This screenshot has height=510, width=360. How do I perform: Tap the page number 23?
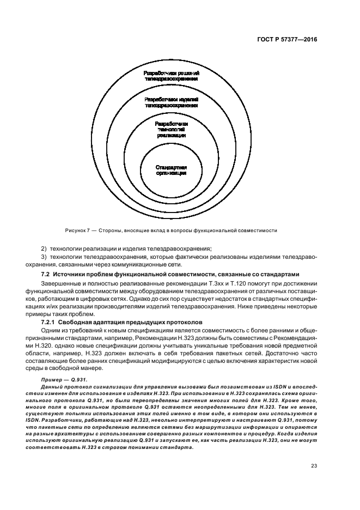point(314,465)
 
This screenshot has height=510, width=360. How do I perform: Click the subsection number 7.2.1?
point(50,322)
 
